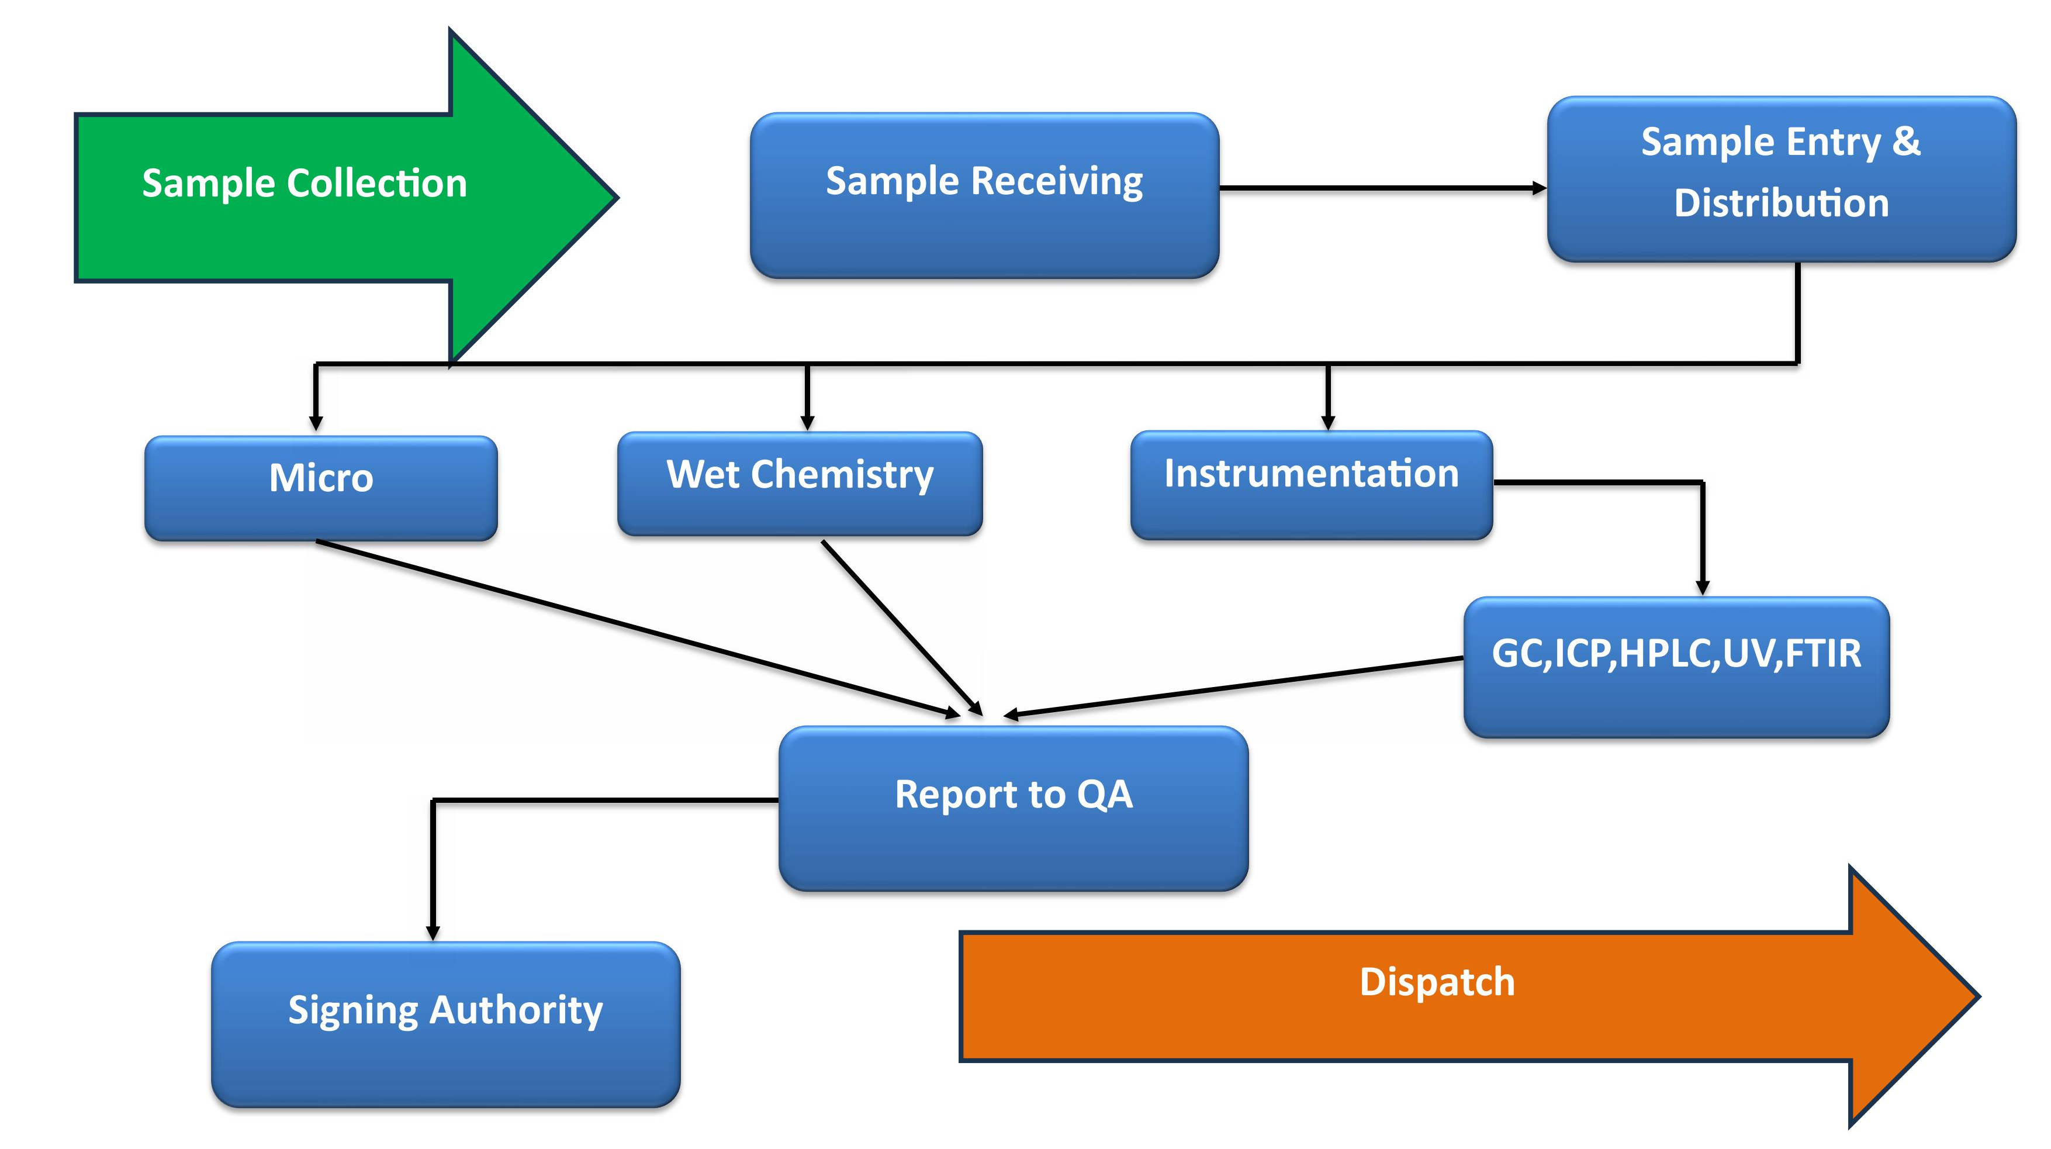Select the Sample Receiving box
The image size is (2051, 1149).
pyautogui.click(x=984, y=196)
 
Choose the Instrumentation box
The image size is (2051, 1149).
pyautogui.click(x=1312, y=484)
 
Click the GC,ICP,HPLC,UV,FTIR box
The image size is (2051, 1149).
pyautogui.click(x=1676, y=667)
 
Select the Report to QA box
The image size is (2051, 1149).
pyautogui.click(x=1013, y=808)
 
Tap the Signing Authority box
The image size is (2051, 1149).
pyautogui.click(x=445, y=1023)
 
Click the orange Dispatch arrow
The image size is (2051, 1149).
pyautogui.click(x=1433, y=995)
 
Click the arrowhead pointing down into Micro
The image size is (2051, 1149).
pyautogui.click(x=316, y=423)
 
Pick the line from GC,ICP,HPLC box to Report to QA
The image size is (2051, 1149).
pyautogui.click(x=1234, y=687)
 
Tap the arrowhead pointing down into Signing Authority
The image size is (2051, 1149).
pyautogui.click(x=433, y=933)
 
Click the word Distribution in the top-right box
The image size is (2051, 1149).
pyautogui.click(x=1781, y=203)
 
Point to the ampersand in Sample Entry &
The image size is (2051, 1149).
pyautogui.click(x=1906, y=142)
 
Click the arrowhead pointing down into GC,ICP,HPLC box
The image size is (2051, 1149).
pyautogui.click(x=1702, y=588)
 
